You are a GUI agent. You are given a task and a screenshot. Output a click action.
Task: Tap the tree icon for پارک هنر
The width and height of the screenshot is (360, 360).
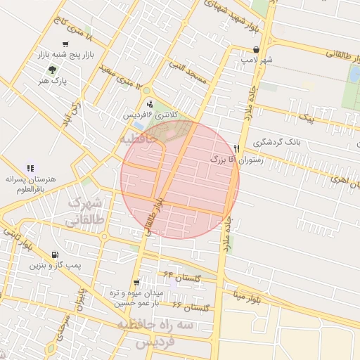pos(52,70)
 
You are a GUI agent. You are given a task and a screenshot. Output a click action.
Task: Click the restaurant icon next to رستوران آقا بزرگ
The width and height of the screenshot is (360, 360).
pos(237,148)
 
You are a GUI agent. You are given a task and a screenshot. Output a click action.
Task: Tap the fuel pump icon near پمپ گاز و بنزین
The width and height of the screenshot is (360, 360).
pos(55,255)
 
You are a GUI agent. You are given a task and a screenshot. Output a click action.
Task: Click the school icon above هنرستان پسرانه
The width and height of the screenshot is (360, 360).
pos(30,169)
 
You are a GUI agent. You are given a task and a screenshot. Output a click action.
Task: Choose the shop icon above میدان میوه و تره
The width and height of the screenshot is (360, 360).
pos(145,282)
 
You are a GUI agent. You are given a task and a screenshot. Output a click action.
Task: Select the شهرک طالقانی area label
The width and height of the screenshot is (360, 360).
pos(85,212)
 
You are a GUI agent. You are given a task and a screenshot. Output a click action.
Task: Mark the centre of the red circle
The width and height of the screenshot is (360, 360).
pos(180,179)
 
